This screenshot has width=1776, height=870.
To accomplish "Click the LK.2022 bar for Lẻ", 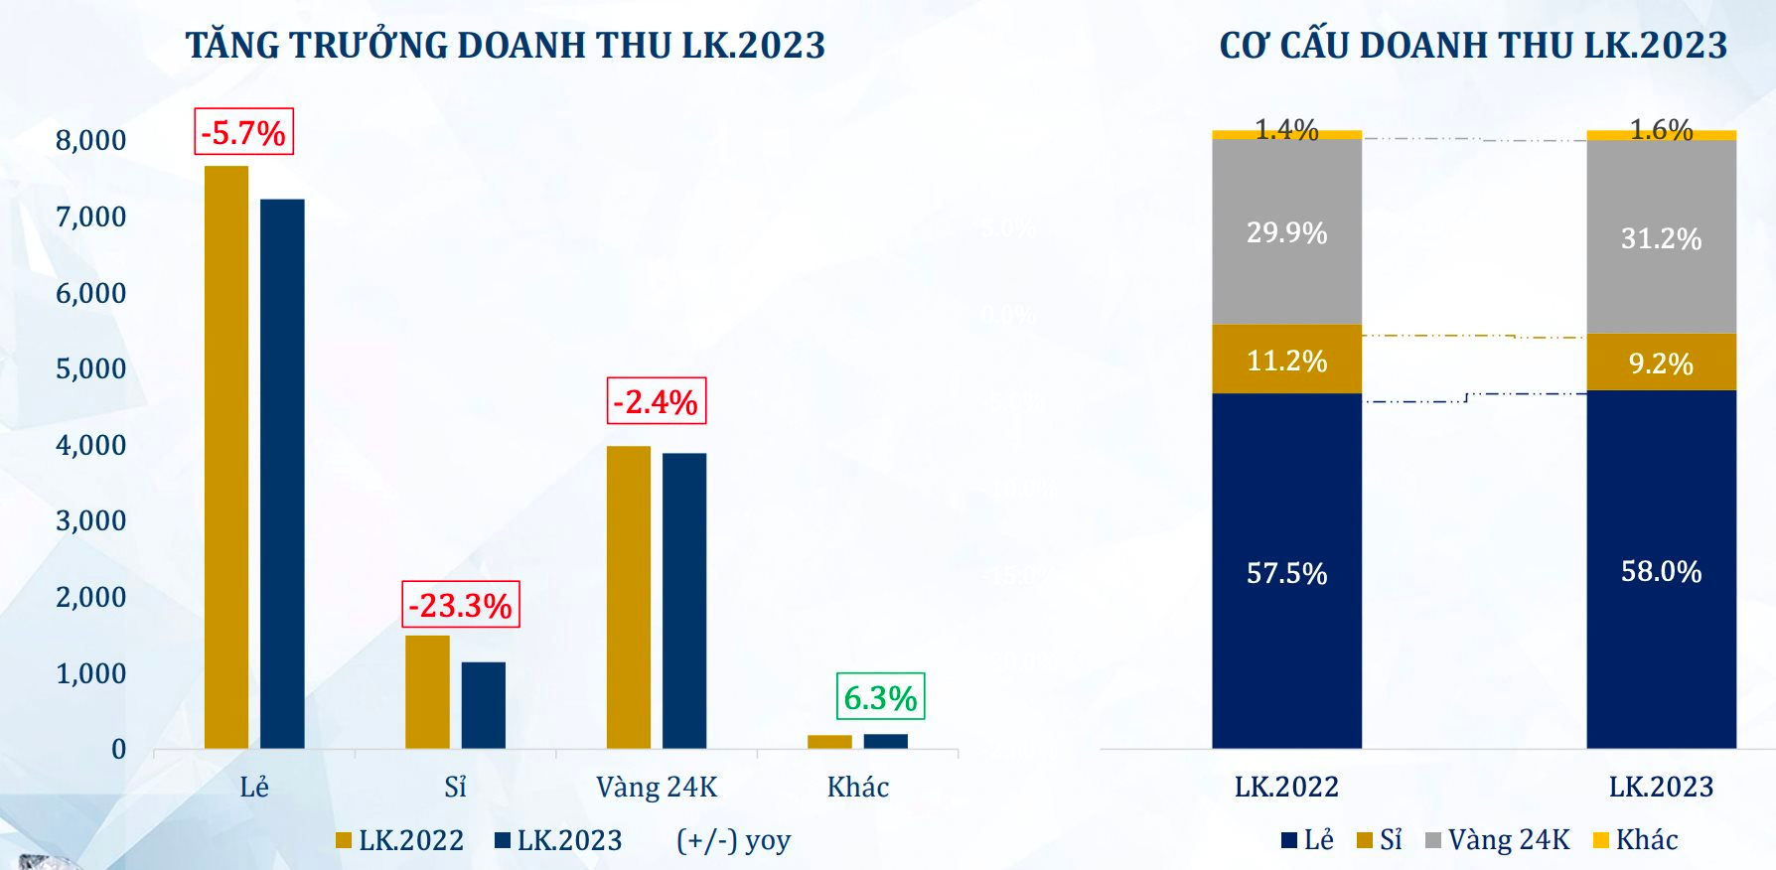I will pos(226,457).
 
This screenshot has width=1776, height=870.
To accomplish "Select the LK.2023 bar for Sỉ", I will pos(484,705).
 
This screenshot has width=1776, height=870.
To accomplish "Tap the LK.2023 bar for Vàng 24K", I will pos(684,601).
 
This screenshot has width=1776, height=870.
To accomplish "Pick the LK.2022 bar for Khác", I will pos(829,742).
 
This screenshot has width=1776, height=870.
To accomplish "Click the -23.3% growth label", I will pos(461,605).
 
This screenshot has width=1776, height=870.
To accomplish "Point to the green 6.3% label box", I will pos(880,697).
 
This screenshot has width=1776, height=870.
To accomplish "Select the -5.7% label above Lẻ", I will pos(243,132).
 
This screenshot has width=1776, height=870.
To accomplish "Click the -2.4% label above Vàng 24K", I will pos(657,401).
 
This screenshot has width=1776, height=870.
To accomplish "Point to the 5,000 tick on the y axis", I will pos(91,368).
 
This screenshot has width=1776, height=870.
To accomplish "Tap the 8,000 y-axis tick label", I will pos(91,140).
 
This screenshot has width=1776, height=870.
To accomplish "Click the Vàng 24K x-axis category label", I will pos(657,788).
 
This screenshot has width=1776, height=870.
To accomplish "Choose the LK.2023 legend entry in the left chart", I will pos(559,840).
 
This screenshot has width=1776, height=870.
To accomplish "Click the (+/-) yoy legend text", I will pos(733,840).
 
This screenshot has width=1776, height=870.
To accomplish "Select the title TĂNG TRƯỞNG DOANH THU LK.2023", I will pos(506,46).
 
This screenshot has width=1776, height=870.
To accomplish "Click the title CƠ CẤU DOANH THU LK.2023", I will pos(1473,46).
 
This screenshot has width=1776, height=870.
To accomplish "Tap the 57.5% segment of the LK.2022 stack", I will pos(1286,572).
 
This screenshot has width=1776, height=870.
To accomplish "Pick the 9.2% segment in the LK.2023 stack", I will pos(1661,362).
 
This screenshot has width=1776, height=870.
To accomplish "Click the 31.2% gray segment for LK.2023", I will pos(1661,238).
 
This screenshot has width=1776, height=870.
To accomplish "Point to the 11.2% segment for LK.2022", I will pos(1286,360).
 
